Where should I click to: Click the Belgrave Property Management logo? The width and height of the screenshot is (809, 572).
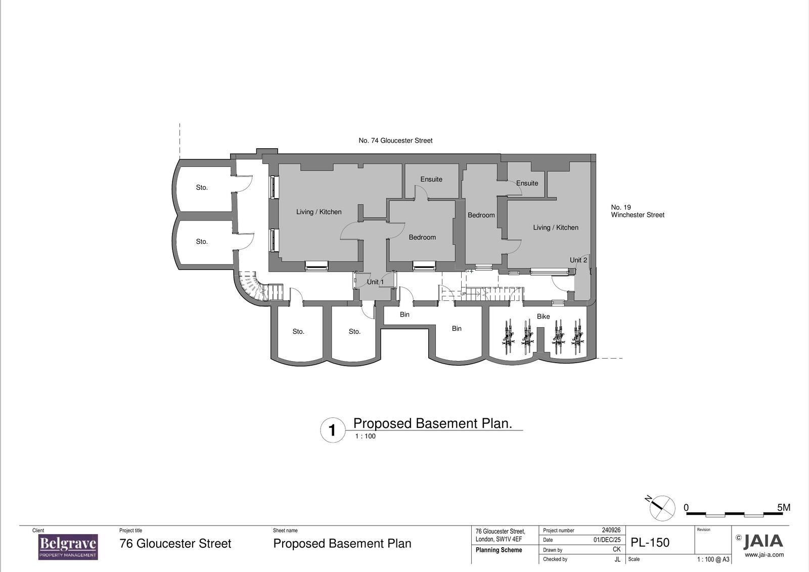coord(68,547)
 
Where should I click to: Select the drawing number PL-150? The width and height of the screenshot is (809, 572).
coord(650,543)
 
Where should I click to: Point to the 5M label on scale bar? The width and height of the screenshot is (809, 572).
coord(783,507)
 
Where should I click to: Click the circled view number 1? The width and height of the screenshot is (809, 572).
coord(332,430)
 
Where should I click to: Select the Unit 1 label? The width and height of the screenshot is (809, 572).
coord(375,282)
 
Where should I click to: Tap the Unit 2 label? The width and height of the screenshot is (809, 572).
coord(578,260)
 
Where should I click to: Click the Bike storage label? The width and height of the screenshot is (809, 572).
coord(543,317)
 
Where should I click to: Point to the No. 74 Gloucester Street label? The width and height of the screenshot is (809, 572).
coord(395,141)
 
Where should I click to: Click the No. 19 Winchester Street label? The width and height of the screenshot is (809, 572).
coord(637,211)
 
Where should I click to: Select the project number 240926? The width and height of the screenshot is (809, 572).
coord(611,531)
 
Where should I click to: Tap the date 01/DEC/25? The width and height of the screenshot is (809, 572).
coord(607,540)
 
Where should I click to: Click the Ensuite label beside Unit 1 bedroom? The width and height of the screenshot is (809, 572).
coord(431,179)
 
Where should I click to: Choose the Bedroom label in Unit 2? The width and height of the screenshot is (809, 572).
coord(481,215)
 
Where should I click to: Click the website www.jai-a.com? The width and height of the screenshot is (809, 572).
coord(764,555)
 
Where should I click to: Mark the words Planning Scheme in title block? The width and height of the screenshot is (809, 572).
coord(499,550)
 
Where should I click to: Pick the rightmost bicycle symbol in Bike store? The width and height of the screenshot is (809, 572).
coord(577,336)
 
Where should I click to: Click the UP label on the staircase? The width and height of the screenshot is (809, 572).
coord(463,293)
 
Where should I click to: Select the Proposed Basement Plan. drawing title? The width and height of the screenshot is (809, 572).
coord(432,423)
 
